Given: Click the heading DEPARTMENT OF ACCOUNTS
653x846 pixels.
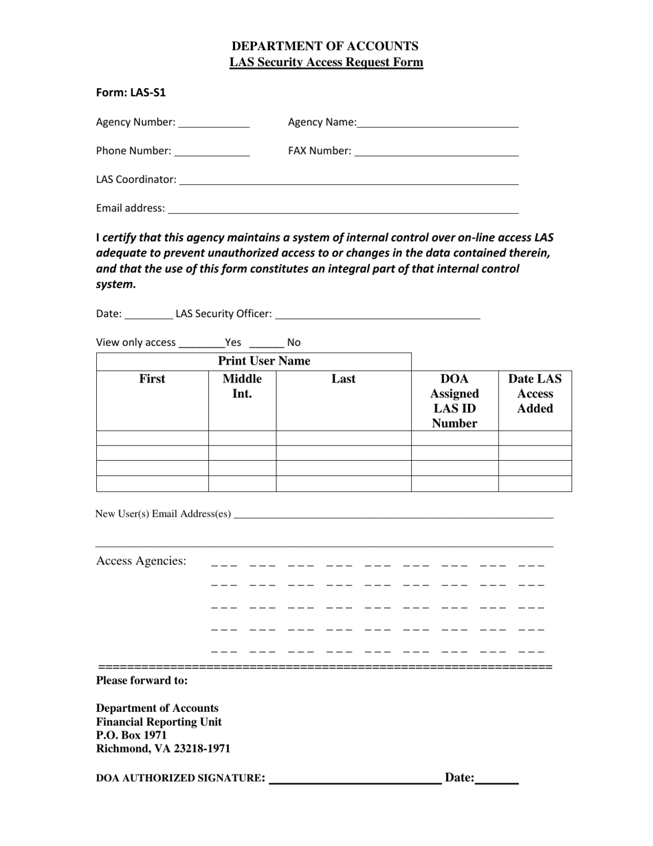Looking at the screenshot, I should tap(325, 46).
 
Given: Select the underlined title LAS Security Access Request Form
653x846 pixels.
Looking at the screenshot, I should tap(326, 63).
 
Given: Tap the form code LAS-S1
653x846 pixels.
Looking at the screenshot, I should tap(131, 92).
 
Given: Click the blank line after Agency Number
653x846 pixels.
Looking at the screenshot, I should tap(214, 124).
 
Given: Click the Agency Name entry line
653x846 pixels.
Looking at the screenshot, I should tap(438, 124).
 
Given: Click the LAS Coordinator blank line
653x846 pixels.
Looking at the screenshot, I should tap(348, 181).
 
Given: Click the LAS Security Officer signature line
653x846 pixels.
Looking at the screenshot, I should tap(377, 315).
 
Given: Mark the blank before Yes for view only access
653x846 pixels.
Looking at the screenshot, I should tap(201, 344).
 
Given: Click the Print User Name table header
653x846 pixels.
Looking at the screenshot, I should tap(264, 361).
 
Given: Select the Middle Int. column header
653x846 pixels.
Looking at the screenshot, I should tap(242, 387).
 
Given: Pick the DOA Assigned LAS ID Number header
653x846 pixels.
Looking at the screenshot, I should tap(454, 401).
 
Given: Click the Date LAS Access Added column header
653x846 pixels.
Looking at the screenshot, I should tap(535, 393).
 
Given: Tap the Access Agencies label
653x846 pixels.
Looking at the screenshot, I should tap(141, 561).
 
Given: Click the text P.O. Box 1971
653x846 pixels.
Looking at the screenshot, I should tap(131, 735).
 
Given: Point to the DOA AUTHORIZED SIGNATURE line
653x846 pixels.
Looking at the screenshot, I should tap(355, 779).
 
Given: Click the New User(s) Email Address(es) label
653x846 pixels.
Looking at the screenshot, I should tap(163, 514).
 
